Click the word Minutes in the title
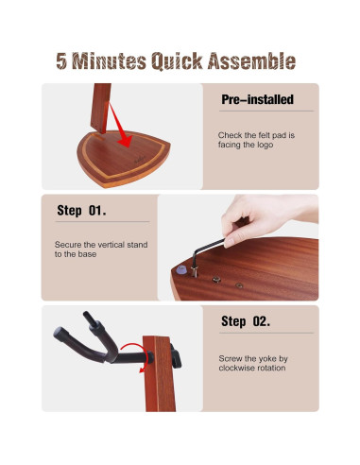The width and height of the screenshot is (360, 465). [x=109, y=60]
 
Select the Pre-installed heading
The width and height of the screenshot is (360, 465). [x=257, y=99]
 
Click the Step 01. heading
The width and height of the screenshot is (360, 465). [x=81, y=211]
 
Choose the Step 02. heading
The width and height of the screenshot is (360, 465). [x=246, y=321]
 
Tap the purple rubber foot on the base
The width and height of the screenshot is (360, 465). [x=181, y=269]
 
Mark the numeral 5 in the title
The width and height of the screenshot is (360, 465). [x=61, y=60]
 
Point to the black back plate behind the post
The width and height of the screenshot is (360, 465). [x=176, y=356]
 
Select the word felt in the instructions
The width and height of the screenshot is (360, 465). [x=264, y=135]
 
